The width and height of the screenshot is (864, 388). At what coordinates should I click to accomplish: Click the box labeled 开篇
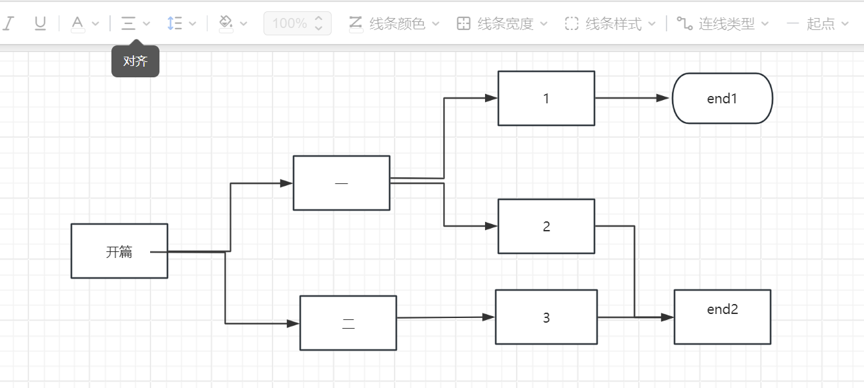[x=119, y=251]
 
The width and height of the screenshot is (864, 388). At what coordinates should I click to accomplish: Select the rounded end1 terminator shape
[x=722, y=99]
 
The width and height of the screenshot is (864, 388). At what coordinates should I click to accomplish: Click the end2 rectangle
[x=722, y=317]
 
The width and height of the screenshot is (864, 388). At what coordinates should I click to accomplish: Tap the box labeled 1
[x=546, y=99]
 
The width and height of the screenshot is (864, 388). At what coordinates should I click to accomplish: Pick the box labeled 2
[x=546, y=227]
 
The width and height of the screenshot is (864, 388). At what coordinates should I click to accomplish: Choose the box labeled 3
[x=546, y=317]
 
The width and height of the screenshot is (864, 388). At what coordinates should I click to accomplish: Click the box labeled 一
[x=341, y=183]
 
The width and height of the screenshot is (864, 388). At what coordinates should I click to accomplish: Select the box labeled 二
[x=348, y=323]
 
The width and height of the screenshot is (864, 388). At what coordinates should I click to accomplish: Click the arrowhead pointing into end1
[x=663, y=98]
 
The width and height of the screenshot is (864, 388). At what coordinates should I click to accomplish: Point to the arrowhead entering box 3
[x=489, y=317]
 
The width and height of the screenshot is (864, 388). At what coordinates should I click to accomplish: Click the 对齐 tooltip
[x=135, y=61]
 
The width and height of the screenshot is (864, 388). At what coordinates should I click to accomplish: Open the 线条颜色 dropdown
[x=395, y=24]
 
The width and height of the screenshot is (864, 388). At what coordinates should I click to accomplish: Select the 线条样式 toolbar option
[x=610, y=24]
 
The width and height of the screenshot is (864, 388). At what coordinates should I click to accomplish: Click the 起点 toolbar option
[x=819, y=24]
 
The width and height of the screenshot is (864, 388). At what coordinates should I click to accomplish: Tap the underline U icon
[x=40, y=24]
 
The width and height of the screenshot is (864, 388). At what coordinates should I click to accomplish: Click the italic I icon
[x=8, y=24]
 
